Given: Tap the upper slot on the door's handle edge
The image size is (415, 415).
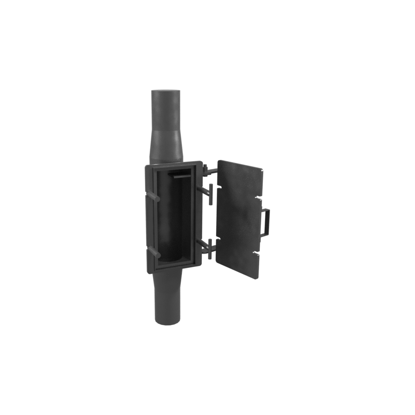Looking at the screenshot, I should [x=259, y=197].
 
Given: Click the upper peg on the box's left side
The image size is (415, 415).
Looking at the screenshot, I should [x=153, y=196].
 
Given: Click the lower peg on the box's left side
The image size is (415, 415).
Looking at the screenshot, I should [x=152, y=251].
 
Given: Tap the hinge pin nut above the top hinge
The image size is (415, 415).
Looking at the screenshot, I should [x=205, y=168].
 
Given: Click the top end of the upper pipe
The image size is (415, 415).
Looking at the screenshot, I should [x=166, y=92].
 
